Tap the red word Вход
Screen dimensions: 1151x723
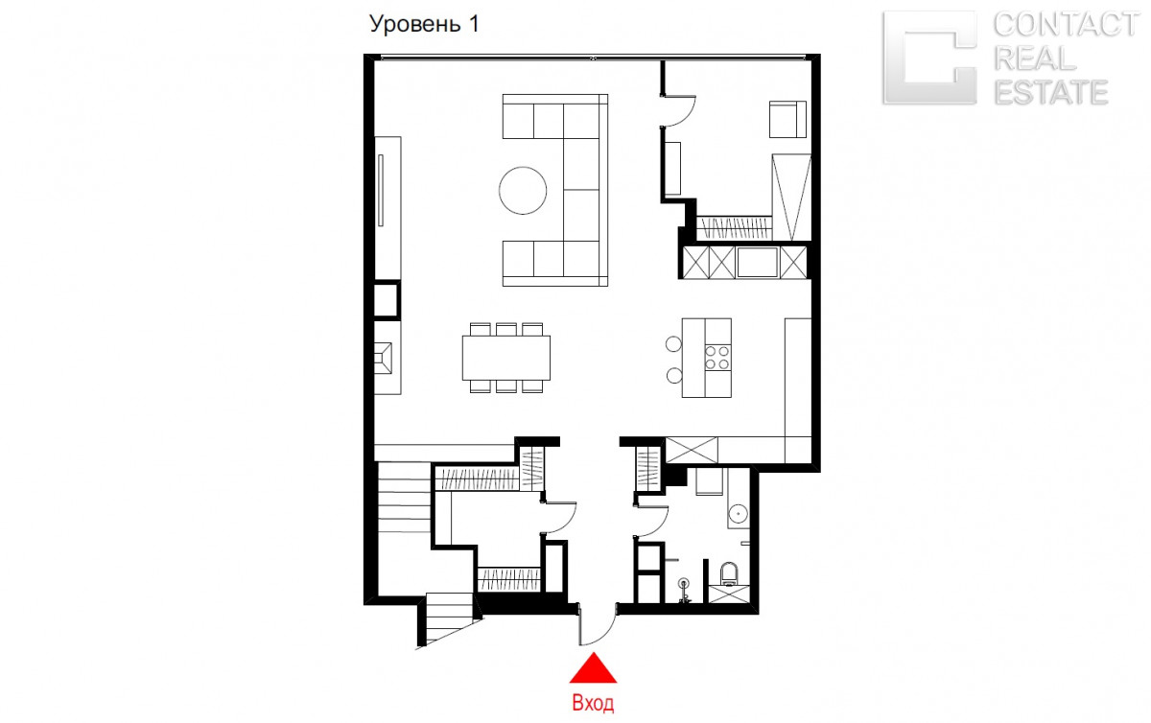(x=593, y=703)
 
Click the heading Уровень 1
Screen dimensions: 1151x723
(x=424, y=24)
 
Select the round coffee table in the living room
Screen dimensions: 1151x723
(x=523, y=191)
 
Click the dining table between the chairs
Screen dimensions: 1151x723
(x=506, y=358)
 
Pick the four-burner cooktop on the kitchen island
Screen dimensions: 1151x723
(x=717, y=358)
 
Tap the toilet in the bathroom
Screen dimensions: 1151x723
(x=729, y=574)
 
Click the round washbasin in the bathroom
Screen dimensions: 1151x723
(x=739, y=513)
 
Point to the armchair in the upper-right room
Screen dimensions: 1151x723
(x=787, y=119)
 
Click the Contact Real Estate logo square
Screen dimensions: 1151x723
(x=929, y=58)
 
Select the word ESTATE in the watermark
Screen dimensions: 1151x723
(x=1051, y=92)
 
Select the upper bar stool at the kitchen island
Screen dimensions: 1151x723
(x=673, y=344)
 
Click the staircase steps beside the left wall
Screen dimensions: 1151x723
(x=404, y=498)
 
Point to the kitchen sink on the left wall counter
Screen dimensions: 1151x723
(x=384, y=358)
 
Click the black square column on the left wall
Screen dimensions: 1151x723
(x=387, y=300)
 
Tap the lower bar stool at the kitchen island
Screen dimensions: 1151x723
(x=674, y=376)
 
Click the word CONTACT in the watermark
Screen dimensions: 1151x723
(x=1067, y=25)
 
